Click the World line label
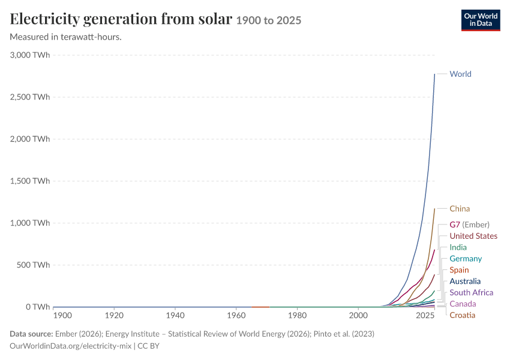pos(460,74)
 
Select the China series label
pos(460,209)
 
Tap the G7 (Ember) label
pos(469,225)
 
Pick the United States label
pos(473,236)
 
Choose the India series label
pos(458,247)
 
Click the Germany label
pos(466,259)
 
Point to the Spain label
pos(459,270)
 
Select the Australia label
pos(465,281)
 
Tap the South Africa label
pos(471,293)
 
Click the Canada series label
pos(463,304)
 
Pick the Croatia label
pos(463,315)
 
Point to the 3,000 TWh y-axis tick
pos(30,55)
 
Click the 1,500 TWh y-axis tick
pos(30,181)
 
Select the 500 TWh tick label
pos(34,265)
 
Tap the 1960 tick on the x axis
pos(236,316)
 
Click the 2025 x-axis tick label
pos(425,316)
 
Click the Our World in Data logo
pos(481,20)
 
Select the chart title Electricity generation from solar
pos(121,19)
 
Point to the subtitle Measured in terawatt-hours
pos(66,37)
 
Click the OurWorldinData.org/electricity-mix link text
pos(71,346)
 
